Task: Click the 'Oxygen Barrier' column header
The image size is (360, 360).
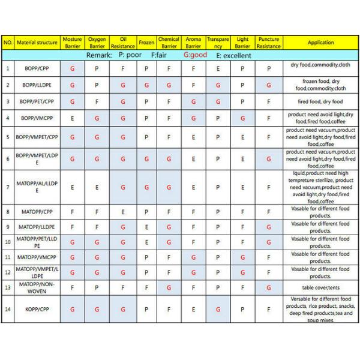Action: point(97,43)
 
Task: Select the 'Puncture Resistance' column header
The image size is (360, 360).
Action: point(268,43)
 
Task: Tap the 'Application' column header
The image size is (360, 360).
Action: point(320,43)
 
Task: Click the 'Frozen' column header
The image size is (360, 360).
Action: point(146,43)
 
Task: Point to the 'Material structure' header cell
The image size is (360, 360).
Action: point(37,43)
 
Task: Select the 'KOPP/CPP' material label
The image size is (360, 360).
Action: point(37,310)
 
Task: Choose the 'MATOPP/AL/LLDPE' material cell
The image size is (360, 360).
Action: point(37,187)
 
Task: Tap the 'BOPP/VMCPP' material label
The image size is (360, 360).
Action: point(37,118)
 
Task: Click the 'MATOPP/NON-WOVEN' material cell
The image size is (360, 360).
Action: point(37,287)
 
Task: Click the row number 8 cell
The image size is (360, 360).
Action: point(8,212)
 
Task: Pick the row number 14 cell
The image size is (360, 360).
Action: point(8,310)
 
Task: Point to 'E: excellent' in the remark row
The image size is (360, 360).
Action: point(234,55)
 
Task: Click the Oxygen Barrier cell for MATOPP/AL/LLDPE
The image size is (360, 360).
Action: point(97,187)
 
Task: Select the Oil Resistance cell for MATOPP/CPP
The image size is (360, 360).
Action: point(122,212)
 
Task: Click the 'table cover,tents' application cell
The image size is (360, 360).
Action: point(320,287)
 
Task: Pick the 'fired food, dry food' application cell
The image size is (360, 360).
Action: point(320,101)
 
